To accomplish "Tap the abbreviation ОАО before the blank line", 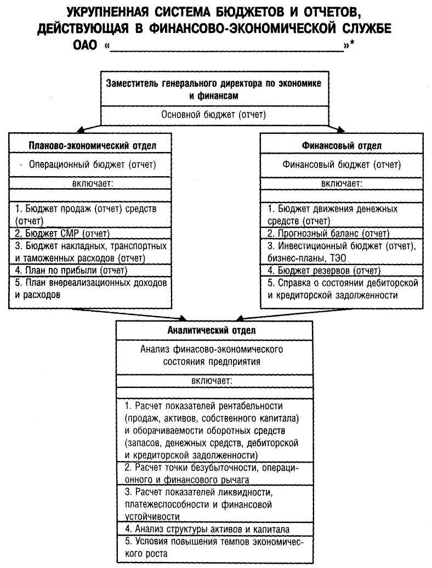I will pyautogui.click(x=83, y=46).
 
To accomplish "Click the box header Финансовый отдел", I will pyautogui.click(x=342, y=145).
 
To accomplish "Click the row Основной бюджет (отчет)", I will pyautogui.click(x=213, y=115).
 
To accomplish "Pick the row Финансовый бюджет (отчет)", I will pyautogui.click(x=342, y=164).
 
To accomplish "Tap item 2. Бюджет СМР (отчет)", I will pyautogui.click(x=62, y=233).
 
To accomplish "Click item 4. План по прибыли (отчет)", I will pyautogui.click(x=71, y=270).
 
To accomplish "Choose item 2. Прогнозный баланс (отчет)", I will pyautogui.click(x=328, y=233).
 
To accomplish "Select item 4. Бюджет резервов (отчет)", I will pyautogui.click(x=324, y=270).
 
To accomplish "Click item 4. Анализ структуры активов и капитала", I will pyautogui.click(x=214, y=529).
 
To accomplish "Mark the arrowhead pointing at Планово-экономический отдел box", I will pyautogui.click(x=80, y=131).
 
